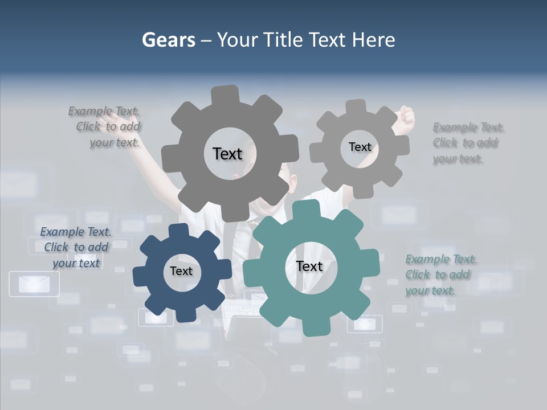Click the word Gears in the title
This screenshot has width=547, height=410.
(168, 40)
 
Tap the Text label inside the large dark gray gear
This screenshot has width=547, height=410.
(227, 154)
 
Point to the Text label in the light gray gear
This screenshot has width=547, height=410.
(360, 147)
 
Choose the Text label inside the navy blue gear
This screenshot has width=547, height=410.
(181, 271)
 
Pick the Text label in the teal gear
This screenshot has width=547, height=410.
(309, 266)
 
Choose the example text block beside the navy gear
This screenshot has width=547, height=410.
(76, 247)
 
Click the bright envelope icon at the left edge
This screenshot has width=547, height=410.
(34, 284)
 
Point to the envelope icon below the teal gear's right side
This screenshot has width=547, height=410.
(365, 324)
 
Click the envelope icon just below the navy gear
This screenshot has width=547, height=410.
(156, 318)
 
